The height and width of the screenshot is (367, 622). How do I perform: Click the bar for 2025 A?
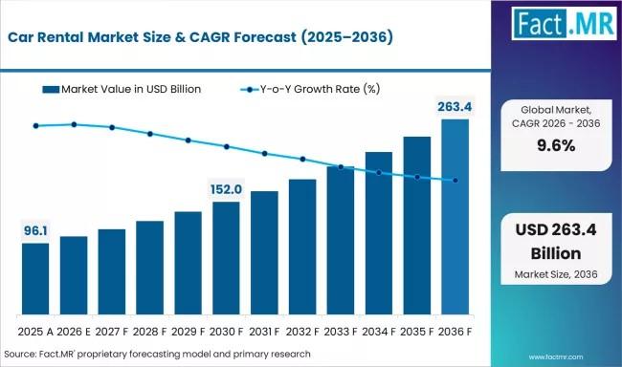pyautogui.click(x=35, y=279)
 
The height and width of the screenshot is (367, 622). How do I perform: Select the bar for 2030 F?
pyautogui.click(x=226, y=258)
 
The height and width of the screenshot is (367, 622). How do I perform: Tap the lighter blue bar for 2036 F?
pyautogui.click(x=455, y=217)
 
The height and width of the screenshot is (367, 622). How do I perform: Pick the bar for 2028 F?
pyautogui.click(x=149, y=268)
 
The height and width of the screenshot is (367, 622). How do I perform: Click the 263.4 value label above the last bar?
pyautogui.click(x=455, y=107)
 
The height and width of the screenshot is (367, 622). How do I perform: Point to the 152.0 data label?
pyautogui.click(x=226, y=189)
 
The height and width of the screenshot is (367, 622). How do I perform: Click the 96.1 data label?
pyautogui.click(x=35, y=230)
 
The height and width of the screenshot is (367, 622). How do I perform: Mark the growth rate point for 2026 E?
pyautogui.click(x=74, y=124)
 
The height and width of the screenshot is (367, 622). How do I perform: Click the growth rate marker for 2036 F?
pyautogui.click(x=455, y=181)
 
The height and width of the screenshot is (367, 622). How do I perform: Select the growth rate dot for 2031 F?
pyautogui.click(x=264, y=153)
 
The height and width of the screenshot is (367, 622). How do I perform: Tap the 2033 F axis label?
pyautogui.click(x=341, y=332)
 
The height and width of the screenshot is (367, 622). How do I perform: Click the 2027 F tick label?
pyautogui.click(x=112, y=332)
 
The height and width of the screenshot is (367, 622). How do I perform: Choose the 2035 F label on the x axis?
pyautogui.click(x=417, y=332)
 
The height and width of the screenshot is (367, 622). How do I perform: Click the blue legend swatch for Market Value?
pyautogui.click(x=51, y=90)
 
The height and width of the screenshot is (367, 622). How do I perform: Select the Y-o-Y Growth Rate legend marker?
pyautogui.click(x=250, y=90)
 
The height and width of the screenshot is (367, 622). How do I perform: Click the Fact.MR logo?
pyautogui.click(x=564, y=23)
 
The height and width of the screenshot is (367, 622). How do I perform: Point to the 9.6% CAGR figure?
pyautogui.click(x=556, y=146)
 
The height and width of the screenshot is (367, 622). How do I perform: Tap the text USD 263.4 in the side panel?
pyautogui.click(x=556, y=230)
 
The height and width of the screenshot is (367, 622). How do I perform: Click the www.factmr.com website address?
pyautogui.click(x=556, y=357)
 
